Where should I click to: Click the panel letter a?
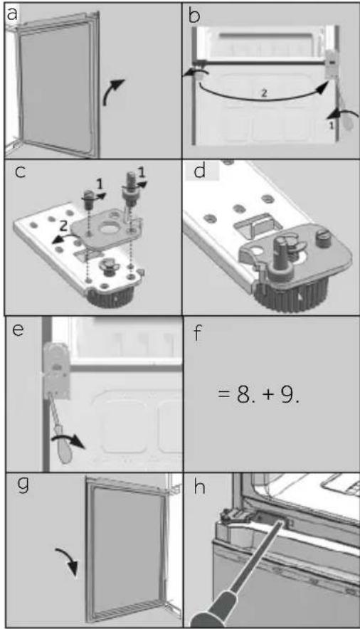click(12, 14)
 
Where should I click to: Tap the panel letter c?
click(21, 171)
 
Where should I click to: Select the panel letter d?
click(199, 171)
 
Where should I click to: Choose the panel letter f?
click(197, 332)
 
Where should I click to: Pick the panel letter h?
click(199, 487)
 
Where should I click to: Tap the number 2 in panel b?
click(264, 93)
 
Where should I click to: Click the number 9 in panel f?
click(287, 395)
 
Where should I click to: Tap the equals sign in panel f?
click(223, 395)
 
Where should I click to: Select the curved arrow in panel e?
click(68, 440)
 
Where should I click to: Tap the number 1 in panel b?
click(331, 125)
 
